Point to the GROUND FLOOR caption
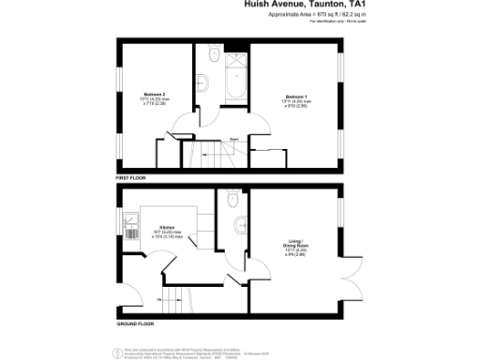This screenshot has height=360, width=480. point(135,322)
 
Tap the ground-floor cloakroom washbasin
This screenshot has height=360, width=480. point(242,223)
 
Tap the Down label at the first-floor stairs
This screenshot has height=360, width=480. point(220,138)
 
